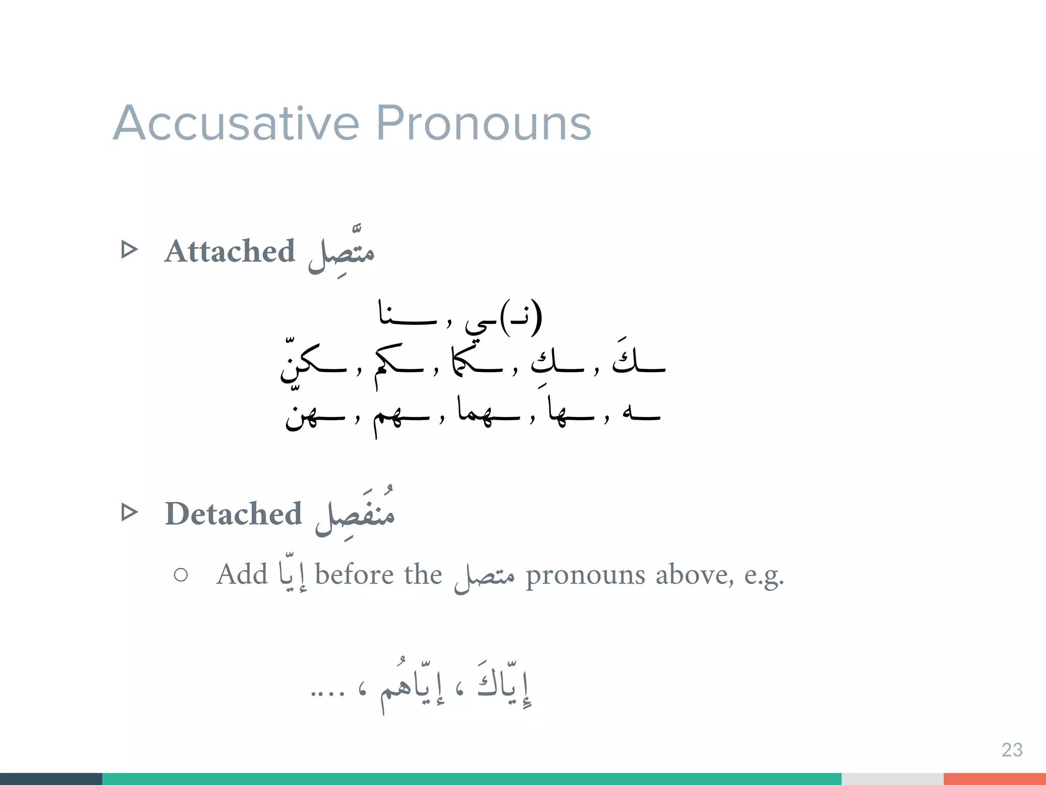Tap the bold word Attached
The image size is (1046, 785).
click(229, 251)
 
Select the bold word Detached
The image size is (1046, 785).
click(233, 514)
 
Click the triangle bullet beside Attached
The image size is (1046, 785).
click(130, 250)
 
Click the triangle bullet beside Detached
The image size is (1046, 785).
click(130, 512)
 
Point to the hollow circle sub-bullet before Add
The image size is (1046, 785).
click(181, 575)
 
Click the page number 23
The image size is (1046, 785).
click(1012, 750)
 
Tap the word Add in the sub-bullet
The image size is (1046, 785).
click(242, 574)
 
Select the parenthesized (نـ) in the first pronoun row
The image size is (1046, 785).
click(521, 317)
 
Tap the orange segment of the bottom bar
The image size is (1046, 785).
click(994, 779)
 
